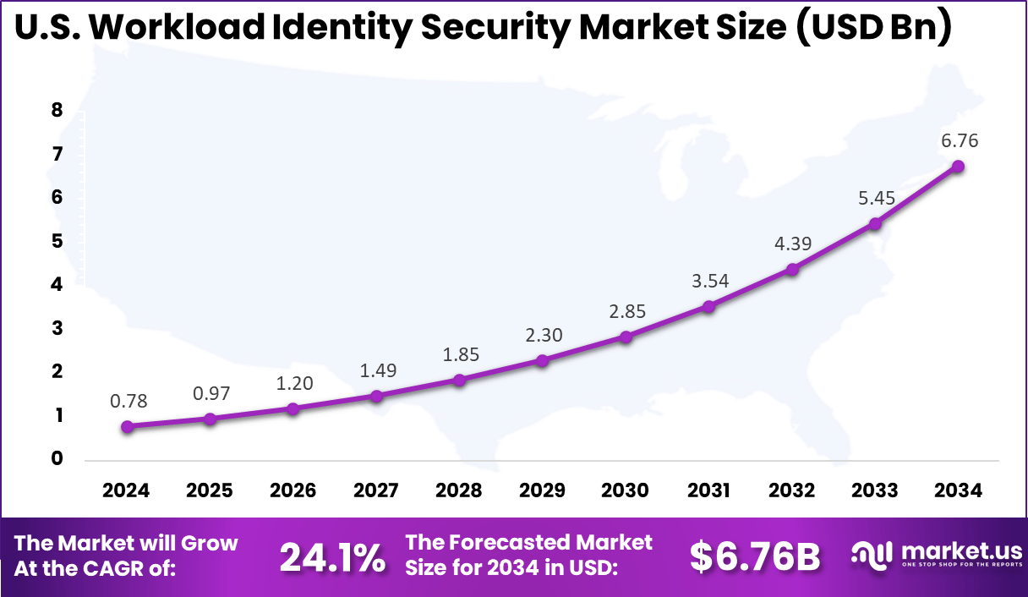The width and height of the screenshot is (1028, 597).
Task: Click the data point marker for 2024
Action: click(127, 427)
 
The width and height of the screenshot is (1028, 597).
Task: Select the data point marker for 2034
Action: click(958, 167)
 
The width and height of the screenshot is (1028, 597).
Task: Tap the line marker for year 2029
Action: click(543, 360)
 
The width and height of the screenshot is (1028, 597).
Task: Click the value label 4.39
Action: click(793, 244)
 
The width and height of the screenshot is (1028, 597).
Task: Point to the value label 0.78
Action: click(127, 401)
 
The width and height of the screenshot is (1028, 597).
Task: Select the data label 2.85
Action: click(627, 310)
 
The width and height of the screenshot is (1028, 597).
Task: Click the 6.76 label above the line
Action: click(960, 140)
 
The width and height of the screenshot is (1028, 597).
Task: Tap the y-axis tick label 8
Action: click(57, 110)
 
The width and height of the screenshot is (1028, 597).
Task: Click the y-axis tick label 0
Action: click(57, 459)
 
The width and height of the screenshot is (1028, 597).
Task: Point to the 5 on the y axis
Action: click(57, 241)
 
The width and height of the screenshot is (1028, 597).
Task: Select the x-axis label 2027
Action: click(375, 490)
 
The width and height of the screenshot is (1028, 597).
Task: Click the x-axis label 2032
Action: click(791, 490)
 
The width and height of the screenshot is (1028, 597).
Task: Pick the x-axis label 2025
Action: click(209, 490)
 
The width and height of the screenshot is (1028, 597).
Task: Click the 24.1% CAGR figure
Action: click(332, 557)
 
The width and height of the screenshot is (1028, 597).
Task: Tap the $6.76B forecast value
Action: click(755, 556)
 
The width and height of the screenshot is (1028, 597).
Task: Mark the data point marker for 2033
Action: click(875, 223)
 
